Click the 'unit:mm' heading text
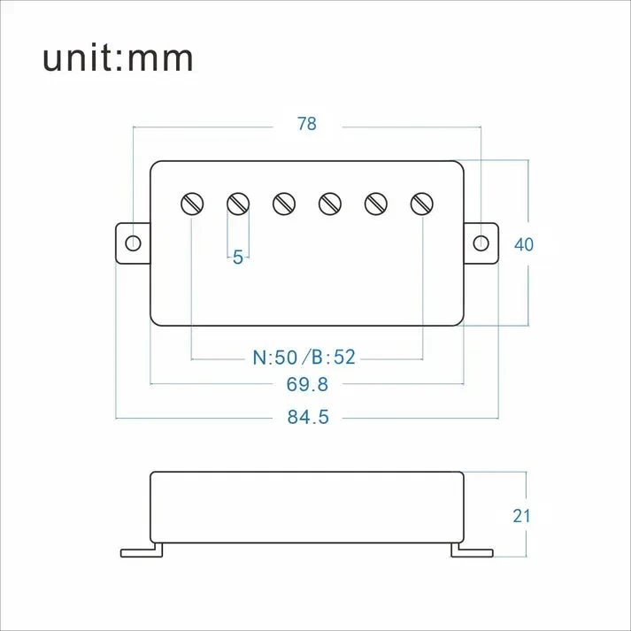[118, 58]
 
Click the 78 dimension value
[306, 125]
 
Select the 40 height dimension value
[524, 244]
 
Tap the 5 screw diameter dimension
[237, 258]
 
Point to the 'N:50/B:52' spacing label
[304, 358]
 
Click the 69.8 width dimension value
[307, 384]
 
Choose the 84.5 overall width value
[307, 417]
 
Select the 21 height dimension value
[522, 515]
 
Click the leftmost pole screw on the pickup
[192, 204]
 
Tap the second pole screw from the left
[238, 204]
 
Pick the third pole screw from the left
[283, 204]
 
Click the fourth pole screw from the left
[330, 204]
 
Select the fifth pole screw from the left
[376, 204]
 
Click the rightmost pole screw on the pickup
[422, 204]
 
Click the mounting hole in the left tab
[133, 243]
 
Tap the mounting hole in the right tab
[481, 243]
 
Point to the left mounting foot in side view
[142, 550]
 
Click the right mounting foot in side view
[472, 550]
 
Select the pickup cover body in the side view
[307, 506]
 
